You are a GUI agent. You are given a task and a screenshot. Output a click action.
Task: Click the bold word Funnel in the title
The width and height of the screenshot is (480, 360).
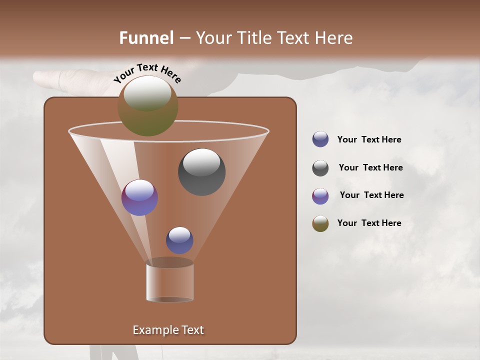click(146, 38)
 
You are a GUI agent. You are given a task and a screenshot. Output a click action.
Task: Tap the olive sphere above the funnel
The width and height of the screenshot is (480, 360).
click(148, 106)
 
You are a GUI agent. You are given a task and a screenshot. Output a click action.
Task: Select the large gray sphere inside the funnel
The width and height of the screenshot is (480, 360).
click(202, 172)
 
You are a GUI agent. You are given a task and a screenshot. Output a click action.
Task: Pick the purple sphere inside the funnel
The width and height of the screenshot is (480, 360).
click(139, 197)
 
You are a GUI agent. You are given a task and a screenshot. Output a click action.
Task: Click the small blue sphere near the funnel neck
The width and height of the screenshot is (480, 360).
click(179, 240)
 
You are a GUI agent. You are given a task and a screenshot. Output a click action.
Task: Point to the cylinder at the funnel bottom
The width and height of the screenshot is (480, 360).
click(170, 282)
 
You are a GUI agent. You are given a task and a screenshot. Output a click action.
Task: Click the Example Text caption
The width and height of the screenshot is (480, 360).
click(168, 330)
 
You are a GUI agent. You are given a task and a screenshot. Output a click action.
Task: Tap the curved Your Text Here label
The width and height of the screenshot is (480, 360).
click(147, 73)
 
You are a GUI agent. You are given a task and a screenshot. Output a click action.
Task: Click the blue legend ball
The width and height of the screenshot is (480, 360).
click(320, 139)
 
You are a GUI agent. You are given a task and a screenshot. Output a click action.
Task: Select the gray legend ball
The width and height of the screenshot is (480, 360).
click(320, 168)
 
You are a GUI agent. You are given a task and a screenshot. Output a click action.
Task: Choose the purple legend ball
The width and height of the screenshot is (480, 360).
click(320, 196)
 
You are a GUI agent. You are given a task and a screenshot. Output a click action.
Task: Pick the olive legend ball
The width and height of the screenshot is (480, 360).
click(320, 223)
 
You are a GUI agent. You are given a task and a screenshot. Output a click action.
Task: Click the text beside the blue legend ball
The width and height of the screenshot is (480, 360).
click(369, 140)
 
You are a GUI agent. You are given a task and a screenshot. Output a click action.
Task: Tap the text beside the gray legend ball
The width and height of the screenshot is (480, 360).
click(370, 168)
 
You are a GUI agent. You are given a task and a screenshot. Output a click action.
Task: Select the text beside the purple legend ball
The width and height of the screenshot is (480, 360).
click(371, 195)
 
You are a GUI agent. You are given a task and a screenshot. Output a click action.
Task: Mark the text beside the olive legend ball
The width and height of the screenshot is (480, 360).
click(369, 223)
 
